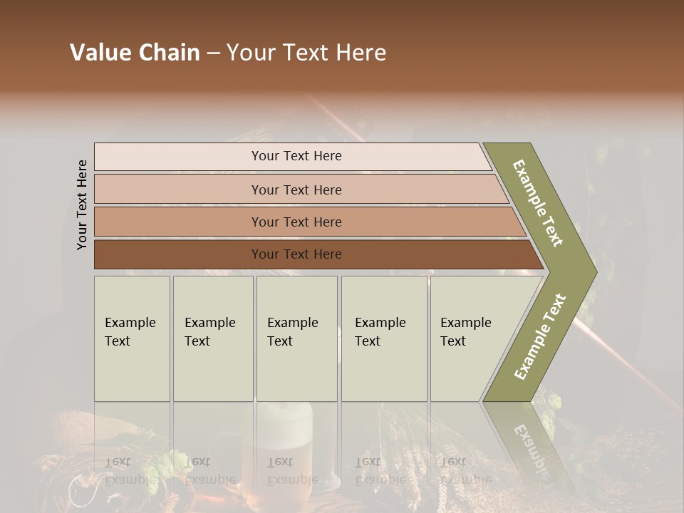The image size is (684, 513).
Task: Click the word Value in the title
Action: [99, 53]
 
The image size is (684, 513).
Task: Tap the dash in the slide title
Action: [213, 53]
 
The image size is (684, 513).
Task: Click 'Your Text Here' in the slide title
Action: [306, 53]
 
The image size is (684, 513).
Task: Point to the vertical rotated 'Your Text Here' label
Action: [82, 204]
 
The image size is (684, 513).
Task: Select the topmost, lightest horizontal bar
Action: [296, 156]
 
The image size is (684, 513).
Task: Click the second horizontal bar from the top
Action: [296, 190]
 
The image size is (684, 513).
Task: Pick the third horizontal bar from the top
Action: [296, 222]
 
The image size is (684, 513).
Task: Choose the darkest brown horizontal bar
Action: [296, 254]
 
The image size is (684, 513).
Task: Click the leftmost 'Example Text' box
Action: [132, 338]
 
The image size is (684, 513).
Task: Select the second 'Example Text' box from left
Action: [212, 338]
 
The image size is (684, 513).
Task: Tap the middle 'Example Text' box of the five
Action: [296, 338]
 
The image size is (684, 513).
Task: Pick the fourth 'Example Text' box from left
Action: [384, 338]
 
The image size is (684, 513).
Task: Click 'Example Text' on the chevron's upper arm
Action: [539, 203]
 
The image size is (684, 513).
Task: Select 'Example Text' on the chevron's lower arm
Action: [540, 336]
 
